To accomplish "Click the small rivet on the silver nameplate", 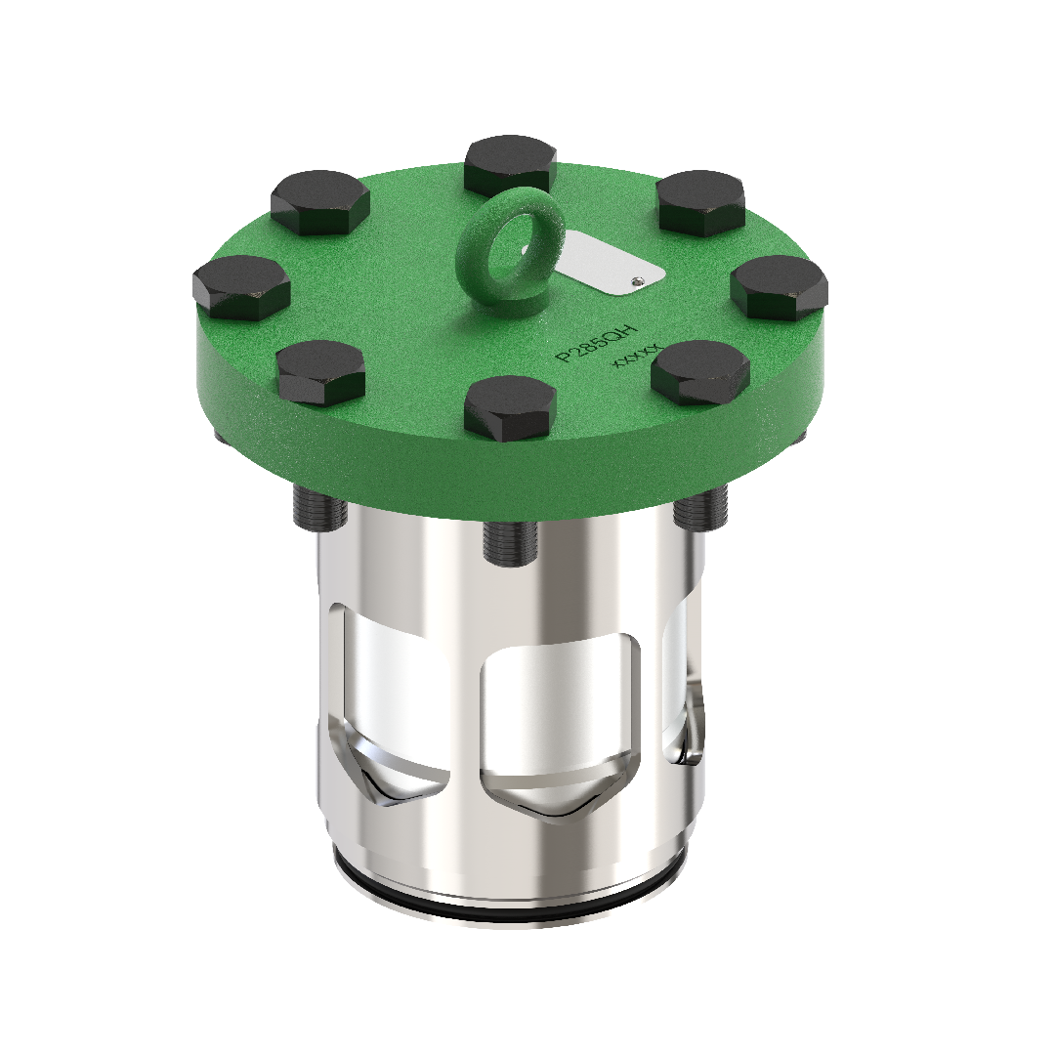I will (638, 280).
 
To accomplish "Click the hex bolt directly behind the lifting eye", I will (510, 164).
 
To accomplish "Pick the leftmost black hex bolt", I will (241, 287).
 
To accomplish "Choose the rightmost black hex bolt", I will (780, 287).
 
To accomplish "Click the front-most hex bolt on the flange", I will (510, 407).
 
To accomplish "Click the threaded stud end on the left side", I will (316, 509).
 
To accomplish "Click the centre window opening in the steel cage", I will (563, 703).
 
